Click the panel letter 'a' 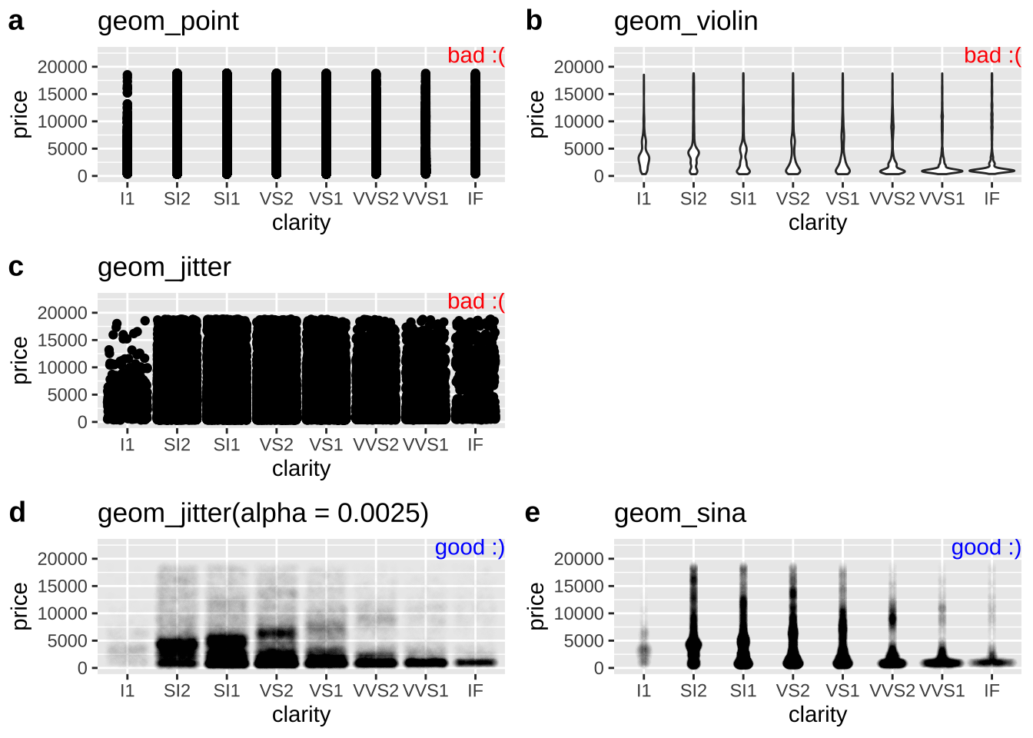click(x=16, y=22)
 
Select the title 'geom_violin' click(x=686, y=22)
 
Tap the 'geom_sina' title click(x=679, y=514)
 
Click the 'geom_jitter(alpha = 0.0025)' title click(x=263, y=514)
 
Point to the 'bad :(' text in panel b click(x=992, y=55)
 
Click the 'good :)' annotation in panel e click(x=986, y=547)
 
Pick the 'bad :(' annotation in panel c click(x=476, y=301)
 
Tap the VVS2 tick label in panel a click(x=376, y=199)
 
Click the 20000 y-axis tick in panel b click(x=579, y=67)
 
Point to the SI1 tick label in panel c click(x=227, y=445)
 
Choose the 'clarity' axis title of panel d click(x=301, y=714)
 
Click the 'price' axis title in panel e click(x=536, y=606)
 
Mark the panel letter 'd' click(x=17, y=513)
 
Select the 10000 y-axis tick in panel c click(x=62, y=367)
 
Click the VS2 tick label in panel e click(x=792, y=691)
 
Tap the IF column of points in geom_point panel click(x=475, y=123)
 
